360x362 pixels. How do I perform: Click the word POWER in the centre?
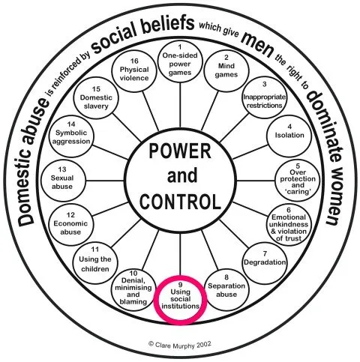coord(180,151)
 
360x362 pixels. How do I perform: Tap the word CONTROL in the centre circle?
coord(180,202)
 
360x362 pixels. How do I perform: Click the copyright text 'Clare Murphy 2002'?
coord(180,344)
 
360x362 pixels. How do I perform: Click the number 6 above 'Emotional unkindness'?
coord(289,210)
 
